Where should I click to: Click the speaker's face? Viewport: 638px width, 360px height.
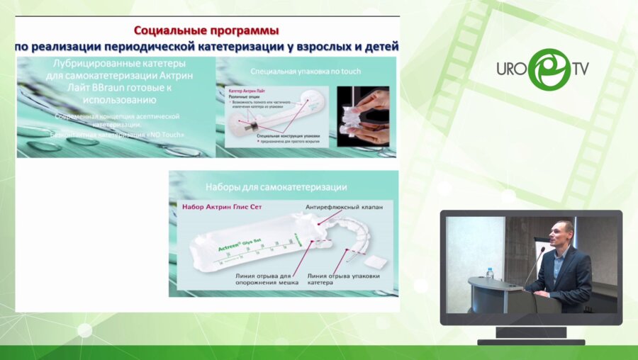[x=563, y=235]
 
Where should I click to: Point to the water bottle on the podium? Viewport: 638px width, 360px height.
[x=489, y=273]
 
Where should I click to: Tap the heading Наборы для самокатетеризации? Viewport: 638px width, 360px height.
[x=276, y=187]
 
